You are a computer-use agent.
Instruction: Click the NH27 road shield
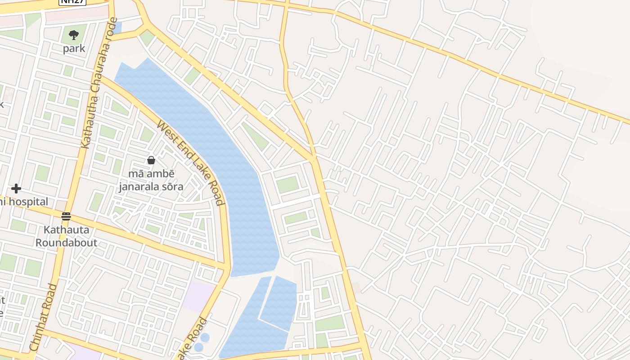[x=72, y=2]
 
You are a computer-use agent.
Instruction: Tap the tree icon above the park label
[x=74, y=34]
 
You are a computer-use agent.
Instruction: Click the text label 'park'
[x=74, y=49]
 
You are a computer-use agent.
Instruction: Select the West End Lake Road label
[x=190, y=162]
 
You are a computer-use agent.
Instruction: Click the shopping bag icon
[x=151, y=160]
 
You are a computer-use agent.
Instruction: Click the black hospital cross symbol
[x=16, y=188]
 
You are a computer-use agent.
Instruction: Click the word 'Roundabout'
[x=66, y=243]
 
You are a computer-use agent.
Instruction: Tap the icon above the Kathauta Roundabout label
[x=66, y=216]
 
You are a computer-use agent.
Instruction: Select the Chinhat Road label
[x=44, y=317]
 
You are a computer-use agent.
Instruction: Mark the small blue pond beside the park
[x=117, y=28]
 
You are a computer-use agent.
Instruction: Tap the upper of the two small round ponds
[x=205, y=337]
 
